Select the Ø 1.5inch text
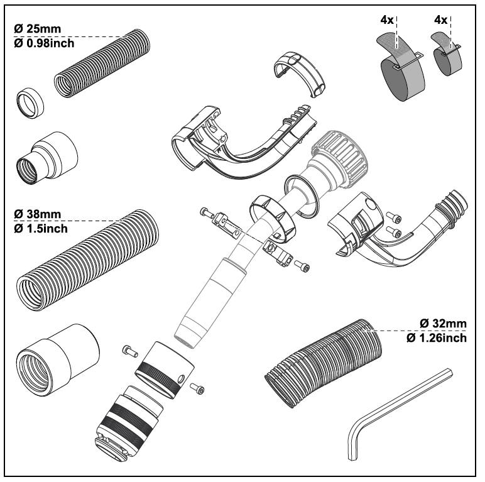(41, 227)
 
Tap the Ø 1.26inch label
(437, 339)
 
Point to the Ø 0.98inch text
(45, 43)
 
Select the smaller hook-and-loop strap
(448, 60)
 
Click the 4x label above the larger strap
(387, 20)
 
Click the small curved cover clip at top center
(300, 70)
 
